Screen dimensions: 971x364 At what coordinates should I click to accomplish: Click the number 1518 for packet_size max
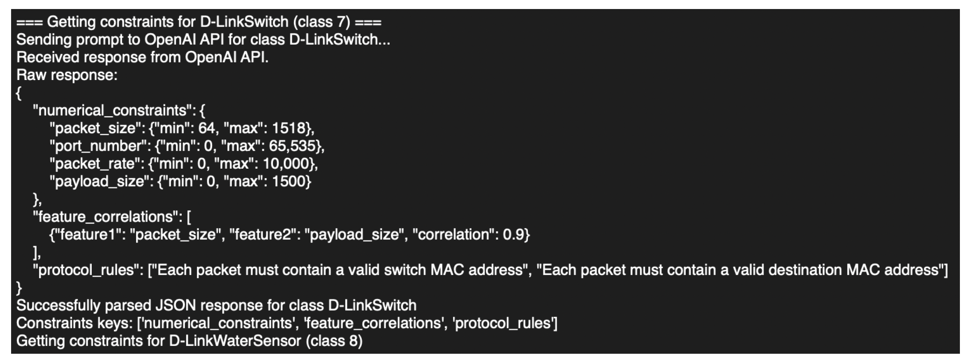290,128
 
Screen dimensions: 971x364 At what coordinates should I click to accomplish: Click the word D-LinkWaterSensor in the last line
235,341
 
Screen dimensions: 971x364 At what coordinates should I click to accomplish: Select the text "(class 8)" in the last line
334,341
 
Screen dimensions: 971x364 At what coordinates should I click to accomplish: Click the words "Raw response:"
67,75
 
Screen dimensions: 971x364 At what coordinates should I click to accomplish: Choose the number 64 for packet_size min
206,128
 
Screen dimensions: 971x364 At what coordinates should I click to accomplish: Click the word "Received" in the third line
48,57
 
